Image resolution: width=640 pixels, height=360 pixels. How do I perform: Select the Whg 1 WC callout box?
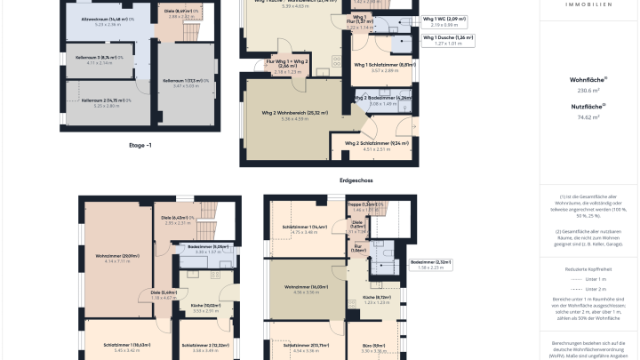(448, 21)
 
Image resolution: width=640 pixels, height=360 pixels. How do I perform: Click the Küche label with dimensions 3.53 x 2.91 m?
(205, 308)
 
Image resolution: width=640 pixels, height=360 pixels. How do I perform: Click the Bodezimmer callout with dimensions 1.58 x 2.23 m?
(430, 264)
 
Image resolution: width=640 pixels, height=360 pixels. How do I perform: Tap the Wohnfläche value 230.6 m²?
(588, 91)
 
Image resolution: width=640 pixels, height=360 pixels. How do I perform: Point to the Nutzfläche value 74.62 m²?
(588, 116)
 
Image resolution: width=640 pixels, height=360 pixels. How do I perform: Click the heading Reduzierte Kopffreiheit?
(588, 267)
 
